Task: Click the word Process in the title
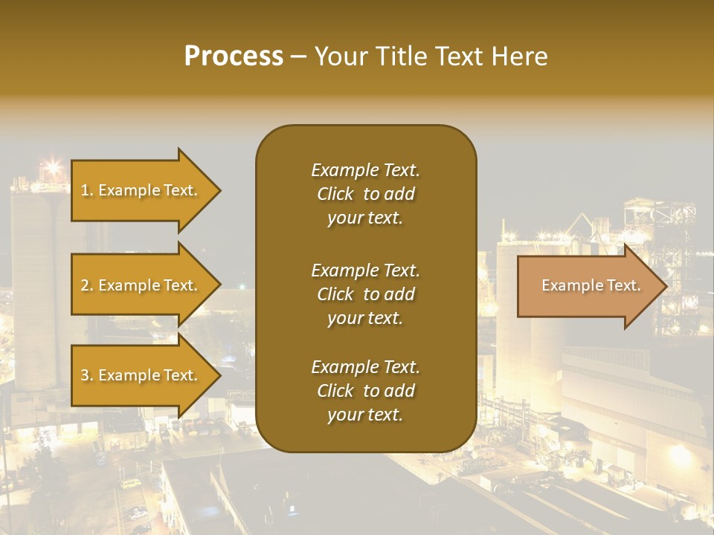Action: (234, 56)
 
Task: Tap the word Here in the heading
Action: (518, 56)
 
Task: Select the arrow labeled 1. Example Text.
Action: (141, 190)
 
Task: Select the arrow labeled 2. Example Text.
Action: (141, 285)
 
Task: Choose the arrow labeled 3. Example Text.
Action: (141, 375)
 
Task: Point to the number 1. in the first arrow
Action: (86, 190)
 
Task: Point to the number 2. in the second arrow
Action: (86, 285)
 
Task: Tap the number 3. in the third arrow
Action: (86, 375)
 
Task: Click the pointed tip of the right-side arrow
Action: (664, 286)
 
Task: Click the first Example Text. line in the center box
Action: (365, 170)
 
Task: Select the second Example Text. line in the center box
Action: (365, 270)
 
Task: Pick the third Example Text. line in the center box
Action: (365, 367)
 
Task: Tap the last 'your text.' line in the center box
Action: (365, 415)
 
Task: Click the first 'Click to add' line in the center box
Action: (365, 194)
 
